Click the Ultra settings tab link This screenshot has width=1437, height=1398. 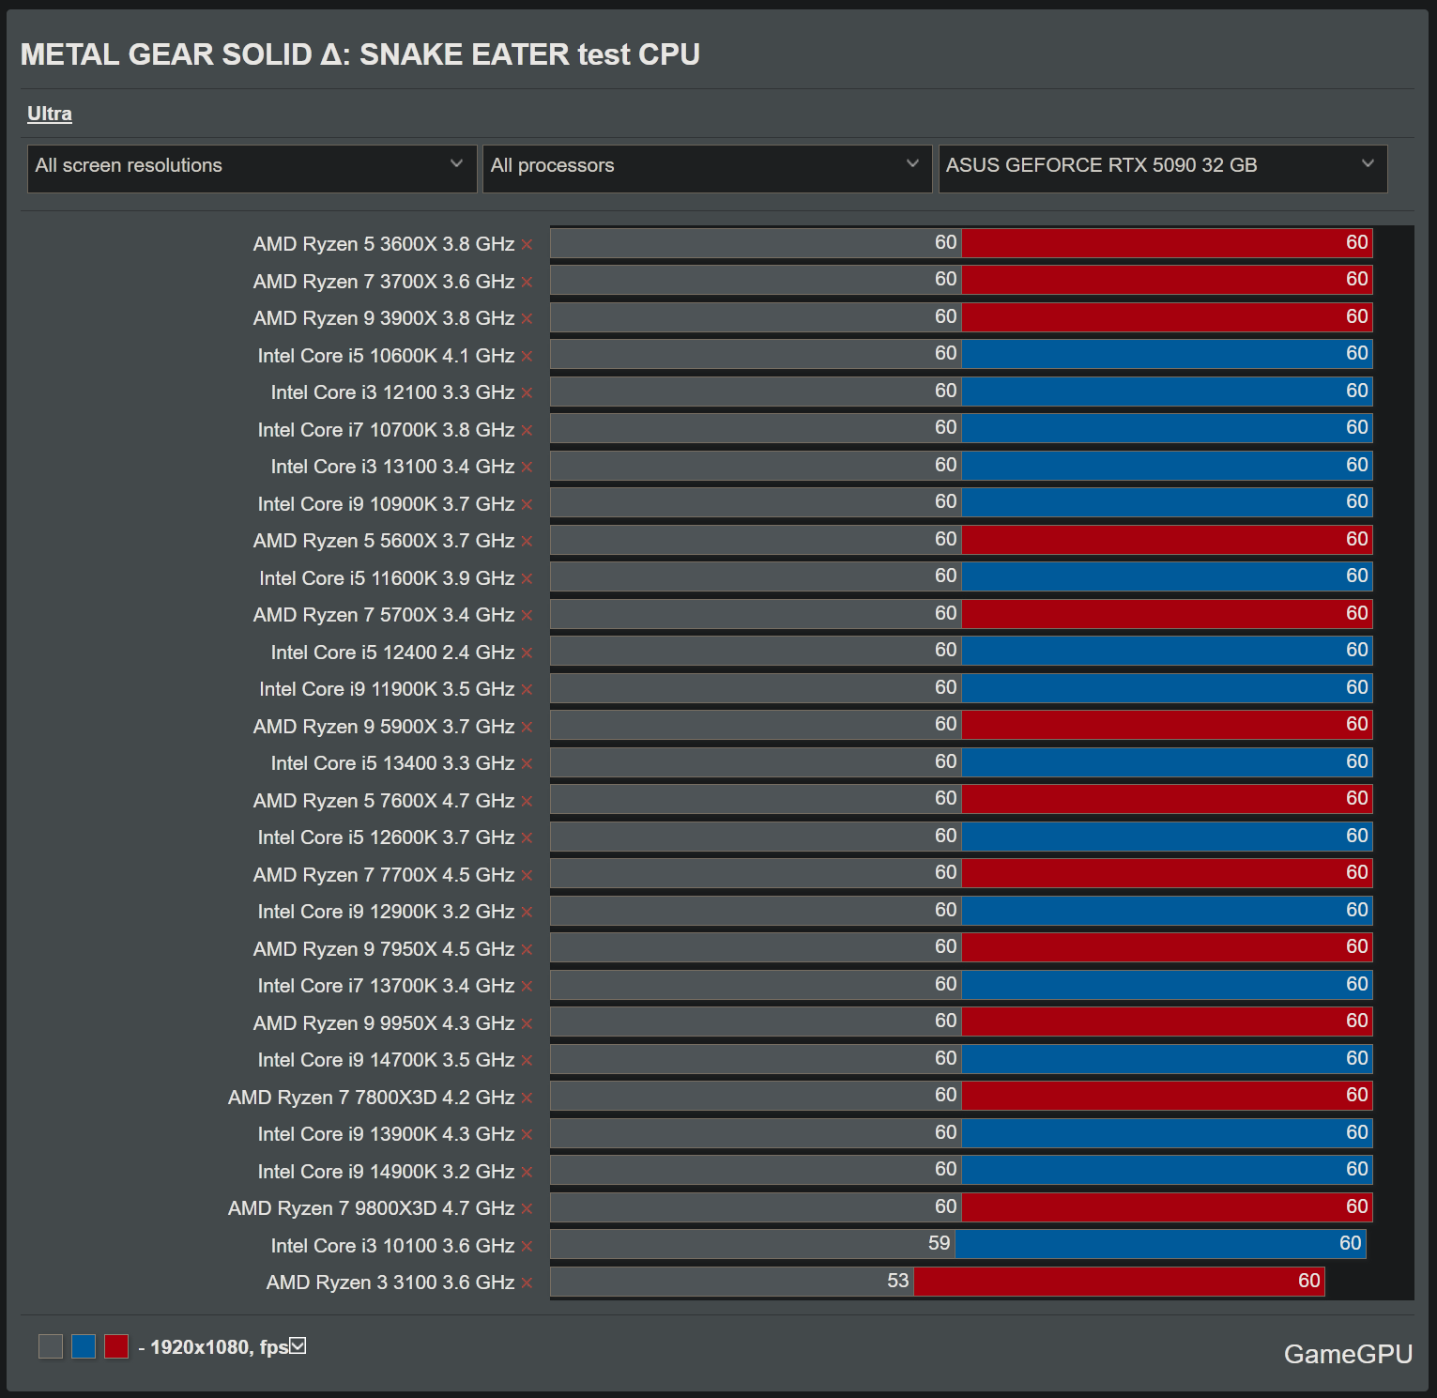(x=50, y=114)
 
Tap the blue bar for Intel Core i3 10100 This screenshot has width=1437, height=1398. (x=1159, y=1244)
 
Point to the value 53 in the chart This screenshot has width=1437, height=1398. (x=897, y=1281)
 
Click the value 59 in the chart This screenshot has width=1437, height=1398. (x=939, y=1243)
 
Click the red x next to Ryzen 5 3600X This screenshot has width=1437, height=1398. (x=527, y=245)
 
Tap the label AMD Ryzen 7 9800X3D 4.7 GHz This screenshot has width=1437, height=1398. (x=371, y=1208)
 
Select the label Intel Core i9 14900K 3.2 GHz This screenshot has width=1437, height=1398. (x=386, y=1172)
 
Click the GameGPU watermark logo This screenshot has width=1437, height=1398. (x=1348, y=1354)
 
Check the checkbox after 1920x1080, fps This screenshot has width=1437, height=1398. (x=298, y=1346)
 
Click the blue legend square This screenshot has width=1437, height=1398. (x=84, y=1346)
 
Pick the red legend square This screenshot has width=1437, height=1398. (x=116, y=1346)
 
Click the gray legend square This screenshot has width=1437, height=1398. (x=51, y=1346)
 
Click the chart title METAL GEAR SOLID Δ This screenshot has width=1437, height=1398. (x=359, y=54)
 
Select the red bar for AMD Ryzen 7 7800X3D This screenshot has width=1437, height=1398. (x=1167, y=1096)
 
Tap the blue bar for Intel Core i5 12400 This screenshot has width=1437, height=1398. (x=1167, y=651)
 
